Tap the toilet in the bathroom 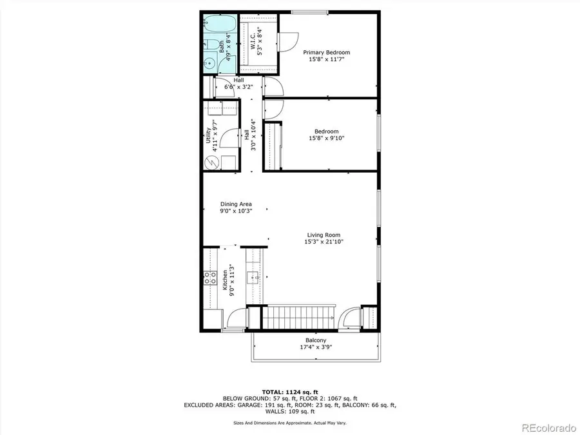tap(211, 45)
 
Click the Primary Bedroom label tap(327, 52)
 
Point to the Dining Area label tap(236, 204)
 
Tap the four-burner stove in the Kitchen tap(210, 278)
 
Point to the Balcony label tap(316, 340)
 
